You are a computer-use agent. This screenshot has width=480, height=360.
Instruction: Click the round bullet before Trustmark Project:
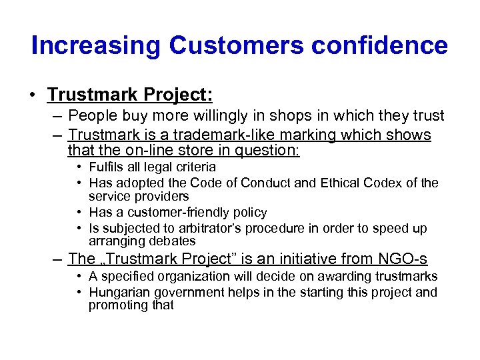(33, 95)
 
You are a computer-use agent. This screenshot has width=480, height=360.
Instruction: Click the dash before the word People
(59, 116)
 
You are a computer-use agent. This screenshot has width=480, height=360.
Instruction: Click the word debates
(173, 241)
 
